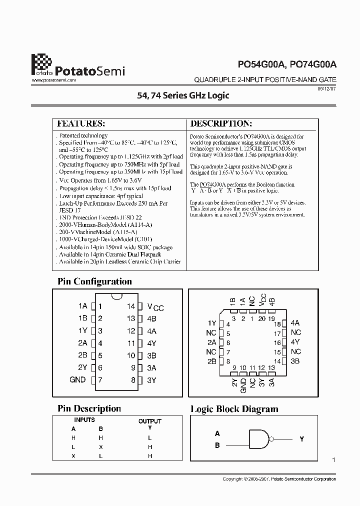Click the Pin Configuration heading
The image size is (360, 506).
[x=94, y=281]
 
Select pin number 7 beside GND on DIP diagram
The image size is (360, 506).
[x=100, y=380]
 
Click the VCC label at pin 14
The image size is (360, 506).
[x=155, y=307]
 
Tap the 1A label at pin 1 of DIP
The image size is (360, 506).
[x=82, y=306]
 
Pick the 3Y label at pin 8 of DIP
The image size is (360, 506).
[x=151, y=380]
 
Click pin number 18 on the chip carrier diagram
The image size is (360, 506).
[x=277, y=324]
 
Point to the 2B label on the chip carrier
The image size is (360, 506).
[x=211, y=361]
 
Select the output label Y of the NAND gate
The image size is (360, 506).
[x=301, y=439]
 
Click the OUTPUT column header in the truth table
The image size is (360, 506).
[x=149, y=421]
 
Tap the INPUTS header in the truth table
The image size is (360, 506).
[x=84, y=420]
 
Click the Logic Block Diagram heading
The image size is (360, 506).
[x=234, y=409]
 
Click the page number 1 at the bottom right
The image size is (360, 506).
[x=333, y=459]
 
